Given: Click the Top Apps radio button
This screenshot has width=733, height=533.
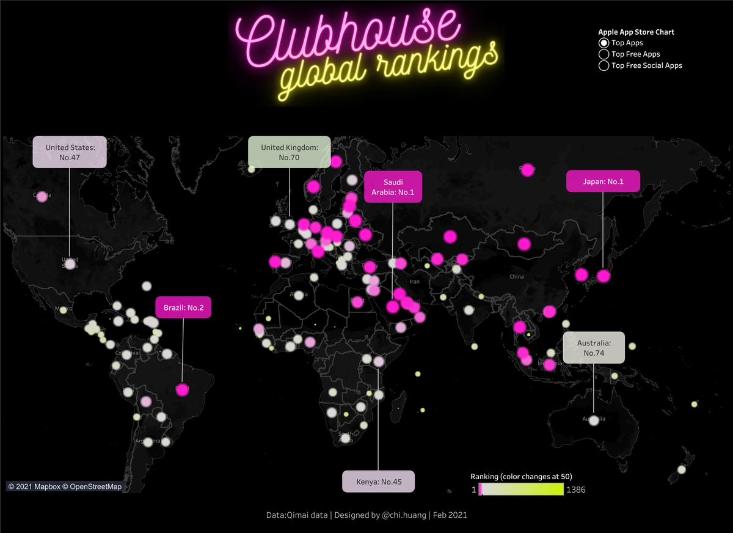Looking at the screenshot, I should click(604, 43).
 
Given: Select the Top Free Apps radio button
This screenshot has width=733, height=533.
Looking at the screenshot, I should click(604, 54).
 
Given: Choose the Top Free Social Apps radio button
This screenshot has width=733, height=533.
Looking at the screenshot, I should click(604, 65).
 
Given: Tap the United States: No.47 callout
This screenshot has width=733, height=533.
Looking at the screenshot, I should click(70, 152).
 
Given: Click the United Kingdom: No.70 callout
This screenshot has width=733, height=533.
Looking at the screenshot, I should click(289, 152).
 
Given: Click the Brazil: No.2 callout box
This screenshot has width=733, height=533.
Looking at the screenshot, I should click(183, 307).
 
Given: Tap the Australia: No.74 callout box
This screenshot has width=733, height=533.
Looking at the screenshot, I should click(594, 348).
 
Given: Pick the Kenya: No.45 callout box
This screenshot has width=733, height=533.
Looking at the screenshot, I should click(378, 482).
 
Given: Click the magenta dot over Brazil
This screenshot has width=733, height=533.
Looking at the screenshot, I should click(182, 389).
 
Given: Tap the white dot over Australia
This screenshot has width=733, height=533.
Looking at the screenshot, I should click(594, 421).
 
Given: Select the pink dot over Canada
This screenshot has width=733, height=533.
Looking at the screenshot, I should click(42, 197).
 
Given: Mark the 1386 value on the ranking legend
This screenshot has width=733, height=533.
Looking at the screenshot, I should click(576, 490).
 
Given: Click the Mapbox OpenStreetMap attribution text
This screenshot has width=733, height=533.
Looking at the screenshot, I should click(65, 487).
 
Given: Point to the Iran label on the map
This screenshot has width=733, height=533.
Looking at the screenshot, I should click(415, 282).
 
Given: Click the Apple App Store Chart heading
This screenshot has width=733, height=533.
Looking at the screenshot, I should click(636, 32).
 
